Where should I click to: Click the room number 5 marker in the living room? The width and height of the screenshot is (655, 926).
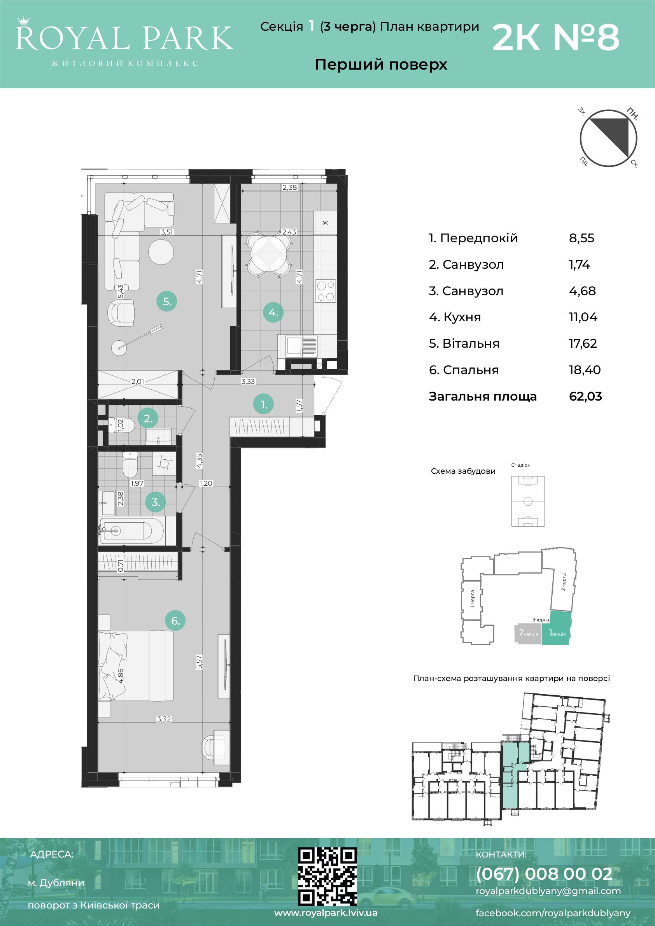coord(167,301)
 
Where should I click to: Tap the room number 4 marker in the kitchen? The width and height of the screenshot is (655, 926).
coord(273,312)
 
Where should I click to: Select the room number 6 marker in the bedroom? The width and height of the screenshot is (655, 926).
coord(175,620)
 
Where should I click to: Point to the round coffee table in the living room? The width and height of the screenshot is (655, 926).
coord(161,252)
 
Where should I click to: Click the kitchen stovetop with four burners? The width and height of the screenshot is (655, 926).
coord(326,291)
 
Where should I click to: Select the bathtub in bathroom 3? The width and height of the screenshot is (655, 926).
coord(131,530)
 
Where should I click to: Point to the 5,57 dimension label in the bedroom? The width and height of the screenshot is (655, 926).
coord(199,662)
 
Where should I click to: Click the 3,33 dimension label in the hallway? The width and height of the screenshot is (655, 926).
coord(248,381)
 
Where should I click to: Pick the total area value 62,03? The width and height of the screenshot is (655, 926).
coord(585,396)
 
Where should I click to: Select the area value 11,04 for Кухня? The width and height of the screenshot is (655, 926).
coord(583,317)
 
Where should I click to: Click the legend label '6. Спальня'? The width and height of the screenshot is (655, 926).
coord(464,370)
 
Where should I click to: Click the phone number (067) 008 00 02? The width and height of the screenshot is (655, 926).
coord(544,873)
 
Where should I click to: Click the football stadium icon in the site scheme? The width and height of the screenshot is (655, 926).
coord(527,501)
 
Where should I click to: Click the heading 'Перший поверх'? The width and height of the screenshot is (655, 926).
coord(381,65)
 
